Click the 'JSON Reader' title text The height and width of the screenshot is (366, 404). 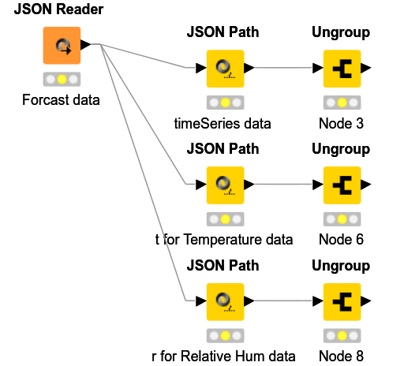point(58,11)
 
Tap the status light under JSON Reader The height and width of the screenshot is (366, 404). point(61,80)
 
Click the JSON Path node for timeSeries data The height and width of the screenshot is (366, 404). point(225,68)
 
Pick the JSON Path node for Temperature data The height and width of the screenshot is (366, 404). point(225,185)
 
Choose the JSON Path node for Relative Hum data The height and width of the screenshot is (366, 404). point(225,301)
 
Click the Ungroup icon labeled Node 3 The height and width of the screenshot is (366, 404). point(342,68)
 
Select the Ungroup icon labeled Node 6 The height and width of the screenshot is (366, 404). point(342,185)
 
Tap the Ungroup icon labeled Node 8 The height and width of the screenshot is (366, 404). point(342,301)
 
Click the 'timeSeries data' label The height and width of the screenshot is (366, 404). point(223,123)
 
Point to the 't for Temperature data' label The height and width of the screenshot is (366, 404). point(224,239)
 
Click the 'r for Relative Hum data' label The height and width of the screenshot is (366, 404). point(223,355)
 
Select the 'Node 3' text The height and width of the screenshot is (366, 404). point(341,123)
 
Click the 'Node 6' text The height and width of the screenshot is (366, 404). point(341,239)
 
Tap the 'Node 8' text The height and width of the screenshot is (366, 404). point(341,355)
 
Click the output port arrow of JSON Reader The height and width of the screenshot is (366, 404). point(86,44)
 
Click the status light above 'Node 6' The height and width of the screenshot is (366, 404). point(342,218)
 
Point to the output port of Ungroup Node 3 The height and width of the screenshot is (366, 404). point(366,68)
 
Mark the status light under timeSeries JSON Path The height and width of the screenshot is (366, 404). point(225,103)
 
